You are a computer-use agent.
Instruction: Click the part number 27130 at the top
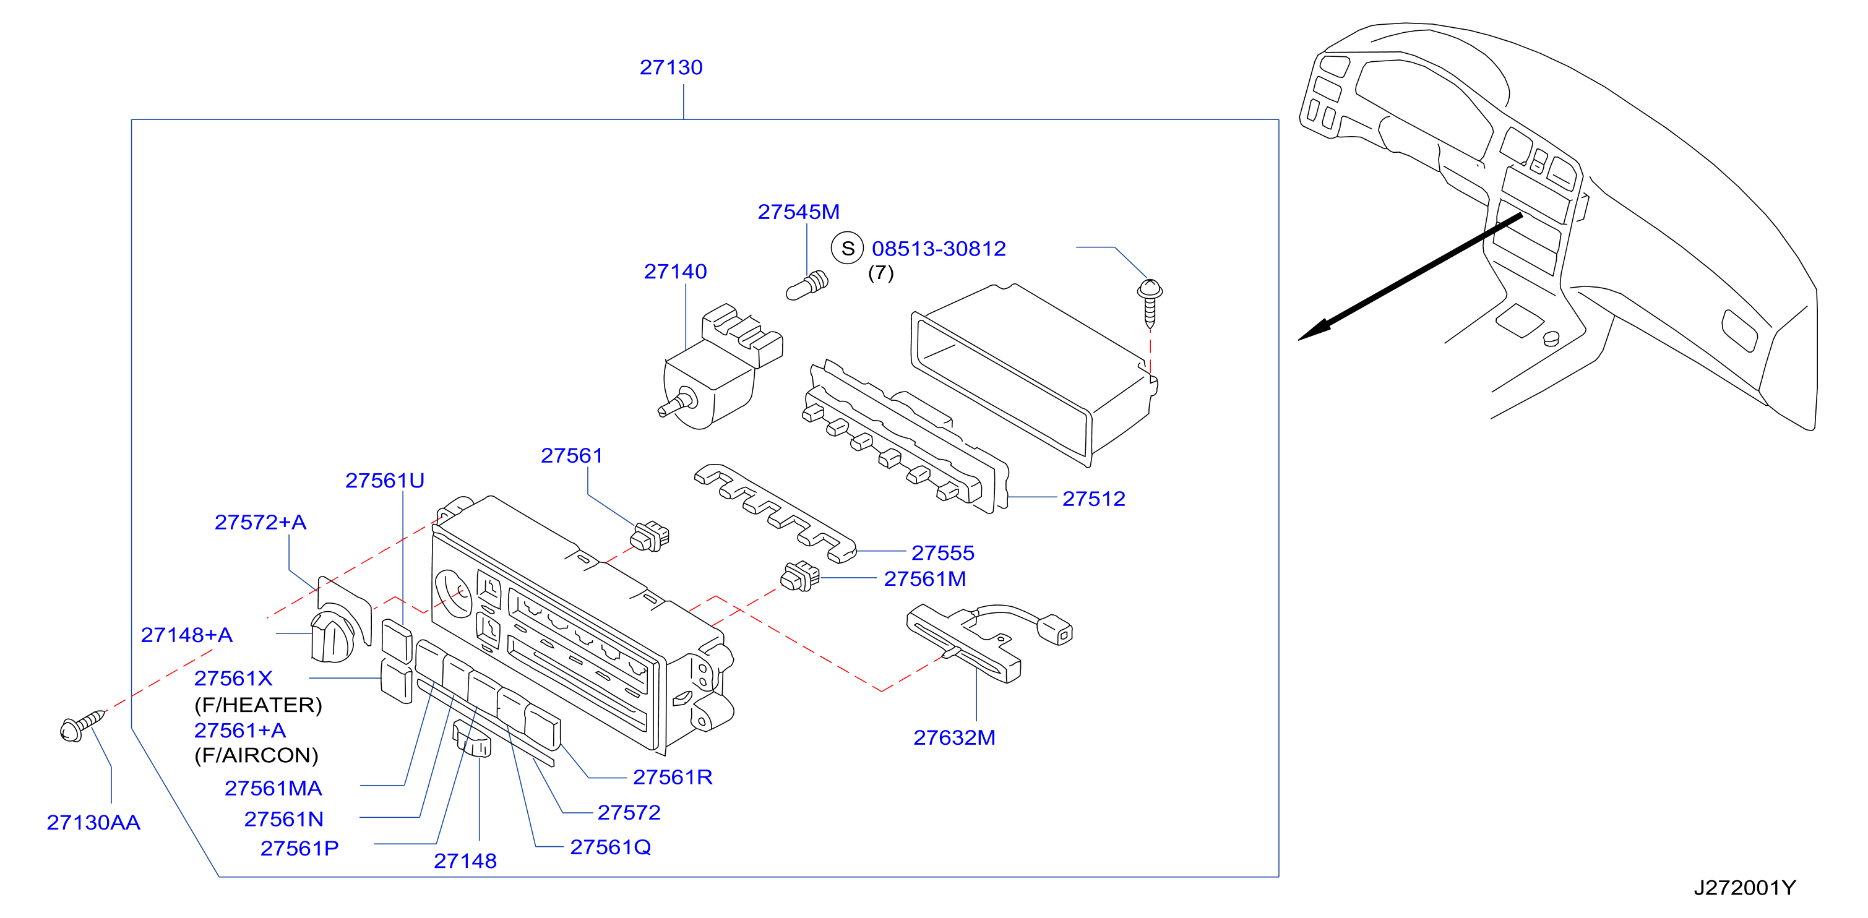tap(671, 67)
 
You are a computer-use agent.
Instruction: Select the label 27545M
tap(798, 212)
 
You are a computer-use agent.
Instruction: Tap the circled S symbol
tap(847, 248)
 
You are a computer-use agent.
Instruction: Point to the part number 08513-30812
tap(939, 249)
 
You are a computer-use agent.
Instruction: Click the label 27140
tap(675, 271)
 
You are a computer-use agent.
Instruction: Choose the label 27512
tap(1093, 499)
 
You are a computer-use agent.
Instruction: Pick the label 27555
tap(943, 553)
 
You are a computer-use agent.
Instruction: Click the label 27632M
tap(954, 737)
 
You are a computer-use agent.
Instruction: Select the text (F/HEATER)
tap(258, 705)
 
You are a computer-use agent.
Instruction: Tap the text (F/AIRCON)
tap(256, 755)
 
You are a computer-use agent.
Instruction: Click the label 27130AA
tap(93, 822)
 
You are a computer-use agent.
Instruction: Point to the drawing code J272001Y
tap(1744, 888)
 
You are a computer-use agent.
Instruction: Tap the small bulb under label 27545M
tap(807, 286)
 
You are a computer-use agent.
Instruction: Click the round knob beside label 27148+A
tap(332, 636)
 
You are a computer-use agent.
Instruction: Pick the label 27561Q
tap(611, 847)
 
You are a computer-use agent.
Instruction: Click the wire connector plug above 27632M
tap(1055, 629)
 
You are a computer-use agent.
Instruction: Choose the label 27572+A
tap(260, 522)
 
